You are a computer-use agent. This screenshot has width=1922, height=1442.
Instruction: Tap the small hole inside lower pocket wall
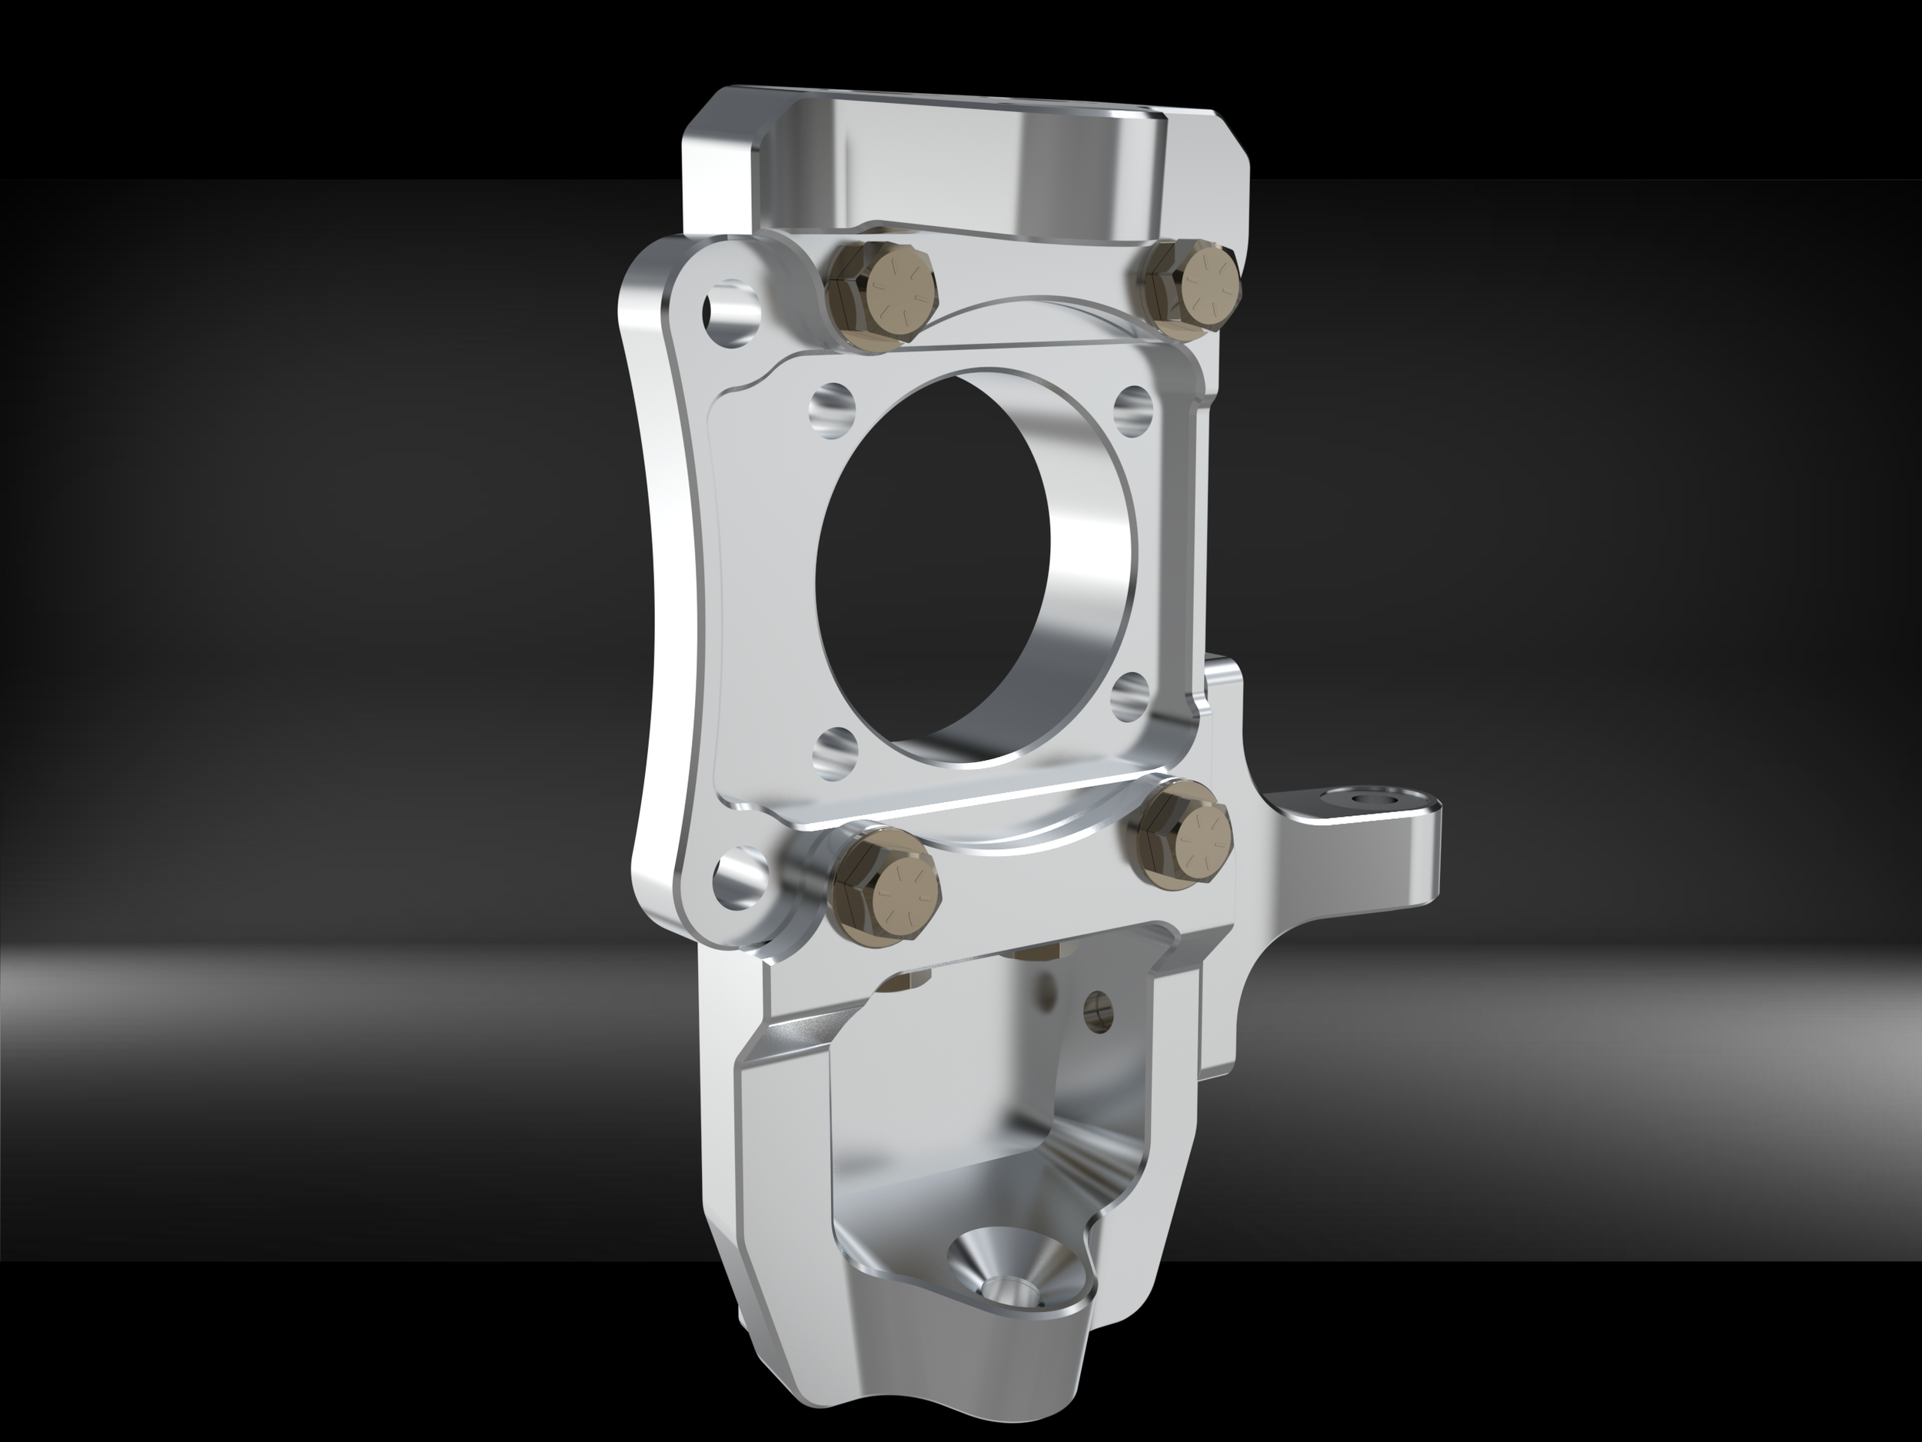(1099, 1007)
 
